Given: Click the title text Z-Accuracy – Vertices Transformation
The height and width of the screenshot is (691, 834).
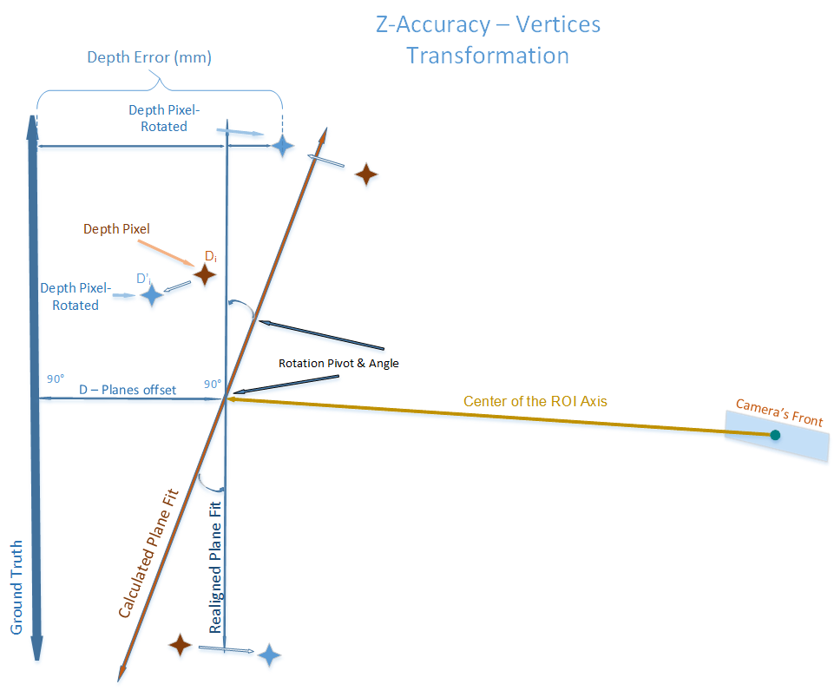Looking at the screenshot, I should click(x=487, y=40).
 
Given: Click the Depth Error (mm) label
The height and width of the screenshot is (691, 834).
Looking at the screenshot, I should click(x=149, y=58).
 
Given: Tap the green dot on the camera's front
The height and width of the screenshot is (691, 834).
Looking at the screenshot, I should click(x=774, y=434).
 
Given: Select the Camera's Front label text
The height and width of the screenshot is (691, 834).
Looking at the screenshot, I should click(x=778, y=411).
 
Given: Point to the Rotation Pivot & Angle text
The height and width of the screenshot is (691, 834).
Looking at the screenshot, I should click(x=338, y=363).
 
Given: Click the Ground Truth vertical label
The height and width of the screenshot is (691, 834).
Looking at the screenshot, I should click(x=16, y=586).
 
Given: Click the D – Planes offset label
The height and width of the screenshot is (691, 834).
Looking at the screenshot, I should click(x=128, y=390).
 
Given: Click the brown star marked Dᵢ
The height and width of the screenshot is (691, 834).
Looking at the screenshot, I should click(x=205, y=275).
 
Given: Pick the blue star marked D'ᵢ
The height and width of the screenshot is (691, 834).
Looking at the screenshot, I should click(x=152, y=295).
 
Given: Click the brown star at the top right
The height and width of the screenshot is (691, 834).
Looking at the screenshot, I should click(x=366, y=174).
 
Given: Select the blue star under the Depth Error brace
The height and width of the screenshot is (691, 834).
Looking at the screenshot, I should click(x=282, y=146).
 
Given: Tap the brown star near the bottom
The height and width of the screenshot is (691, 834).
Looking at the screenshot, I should click(x=180, y=644).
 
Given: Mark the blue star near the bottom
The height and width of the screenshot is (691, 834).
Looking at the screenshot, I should click(x=270, y=655).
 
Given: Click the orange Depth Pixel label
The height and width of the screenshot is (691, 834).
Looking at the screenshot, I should click(x=116, y=229).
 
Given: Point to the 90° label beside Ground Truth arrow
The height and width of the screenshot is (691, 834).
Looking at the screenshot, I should click(x=56, y=378).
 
